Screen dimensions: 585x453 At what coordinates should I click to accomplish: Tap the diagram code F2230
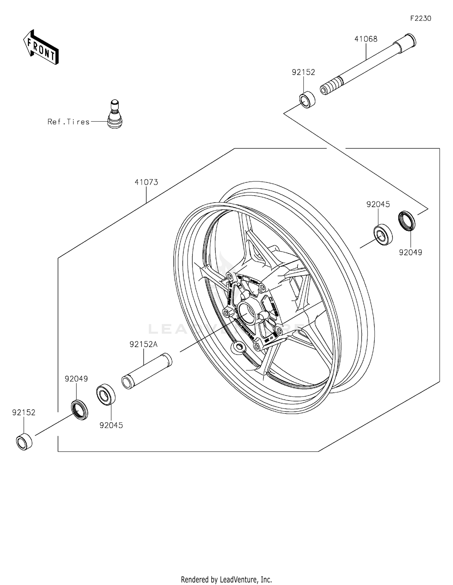(420, 18)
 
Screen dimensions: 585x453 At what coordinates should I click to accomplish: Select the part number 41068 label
(366, 39)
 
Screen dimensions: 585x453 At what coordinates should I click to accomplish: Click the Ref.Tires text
(69, 122)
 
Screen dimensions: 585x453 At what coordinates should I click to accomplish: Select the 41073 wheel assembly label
(146, 182)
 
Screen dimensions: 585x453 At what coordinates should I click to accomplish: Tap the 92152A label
(143, 344)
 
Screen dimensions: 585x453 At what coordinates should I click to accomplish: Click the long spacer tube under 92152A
(147, 371)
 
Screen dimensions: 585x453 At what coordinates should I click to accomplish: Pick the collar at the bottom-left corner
(24, 442)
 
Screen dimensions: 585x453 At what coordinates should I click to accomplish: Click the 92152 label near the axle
(303, 72)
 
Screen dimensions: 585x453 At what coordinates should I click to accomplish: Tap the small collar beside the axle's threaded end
(307, 99)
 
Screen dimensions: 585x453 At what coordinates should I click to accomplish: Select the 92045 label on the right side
(378, 204)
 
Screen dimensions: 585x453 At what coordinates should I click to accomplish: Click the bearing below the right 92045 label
(383, 235)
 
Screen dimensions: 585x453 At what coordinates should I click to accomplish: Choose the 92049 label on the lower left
(76, 379)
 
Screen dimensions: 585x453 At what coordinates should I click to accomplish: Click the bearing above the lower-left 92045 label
(106, 395)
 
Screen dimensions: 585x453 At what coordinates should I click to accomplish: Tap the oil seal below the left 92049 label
(80, 409)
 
